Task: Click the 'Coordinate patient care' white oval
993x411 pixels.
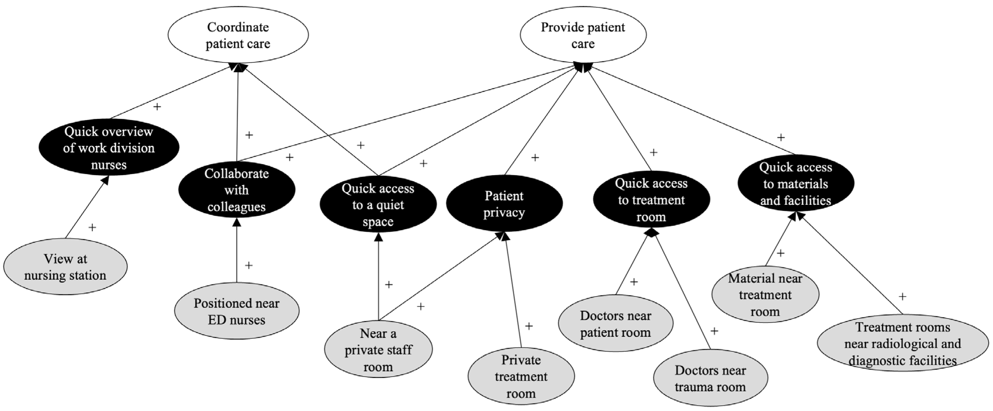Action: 238,35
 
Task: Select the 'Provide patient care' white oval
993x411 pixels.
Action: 583,35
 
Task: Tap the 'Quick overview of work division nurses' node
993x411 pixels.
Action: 109,148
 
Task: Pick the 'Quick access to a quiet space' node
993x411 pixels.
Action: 378,205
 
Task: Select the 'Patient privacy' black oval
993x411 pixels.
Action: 504,204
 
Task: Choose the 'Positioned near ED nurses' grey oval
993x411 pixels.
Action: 236,311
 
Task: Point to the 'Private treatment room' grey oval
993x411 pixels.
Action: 521,376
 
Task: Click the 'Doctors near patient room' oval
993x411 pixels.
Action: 615,323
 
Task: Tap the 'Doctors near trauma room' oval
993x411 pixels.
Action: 710,378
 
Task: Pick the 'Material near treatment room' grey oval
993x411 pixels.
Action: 765,295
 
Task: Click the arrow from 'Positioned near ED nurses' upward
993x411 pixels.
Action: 237,251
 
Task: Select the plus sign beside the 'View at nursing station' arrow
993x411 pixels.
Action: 92,227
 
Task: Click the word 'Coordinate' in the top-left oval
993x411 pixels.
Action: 238,27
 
